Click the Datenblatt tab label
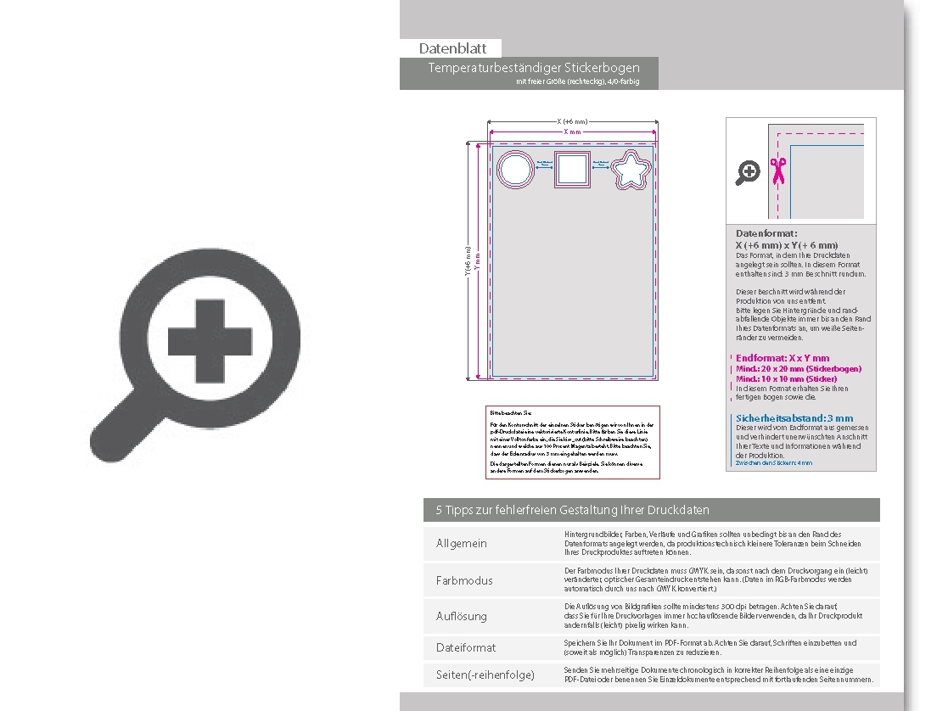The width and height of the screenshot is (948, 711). click(x=452, y=49)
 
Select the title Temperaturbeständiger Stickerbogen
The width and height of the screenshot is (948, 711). click(x=534, y=68)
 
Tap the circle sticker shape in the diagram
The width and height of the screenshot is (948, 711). click(x=515, y=170)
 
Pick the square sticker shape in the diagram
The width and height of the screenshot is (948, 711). click(x=572, y=171)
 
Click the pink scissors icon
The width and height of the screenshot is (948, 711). click(x=777, y=171)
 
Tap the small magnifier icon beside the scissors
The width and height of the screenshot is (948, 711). click(x=747, y=173)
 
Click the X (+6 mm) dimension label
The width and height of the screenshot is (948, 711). click(x=572, y=121)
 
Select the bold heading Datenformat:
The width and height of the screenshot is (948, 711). click(x=766, y=233)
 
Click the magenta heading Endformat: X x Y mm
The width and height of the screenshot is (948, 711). click(x=783, y=358)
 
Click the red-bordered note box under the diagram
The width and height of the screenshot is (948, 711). click(x=572, y=442)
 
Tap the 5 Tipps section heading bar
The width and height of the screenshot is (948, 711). click(x=651, y=510)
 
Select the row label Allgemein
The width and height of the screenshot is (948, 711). click(x=462, y=543)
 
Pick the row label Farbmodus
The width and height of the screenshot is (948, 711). click(x=464, y=580)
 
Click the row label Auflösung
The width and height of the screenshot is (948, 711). click(x=462, y=616)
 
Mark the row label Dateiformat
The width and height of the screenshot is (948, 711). click(x=466, y=647)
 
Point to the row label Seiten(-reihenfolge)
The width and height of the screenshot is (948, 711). click(x=485, y=675)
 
